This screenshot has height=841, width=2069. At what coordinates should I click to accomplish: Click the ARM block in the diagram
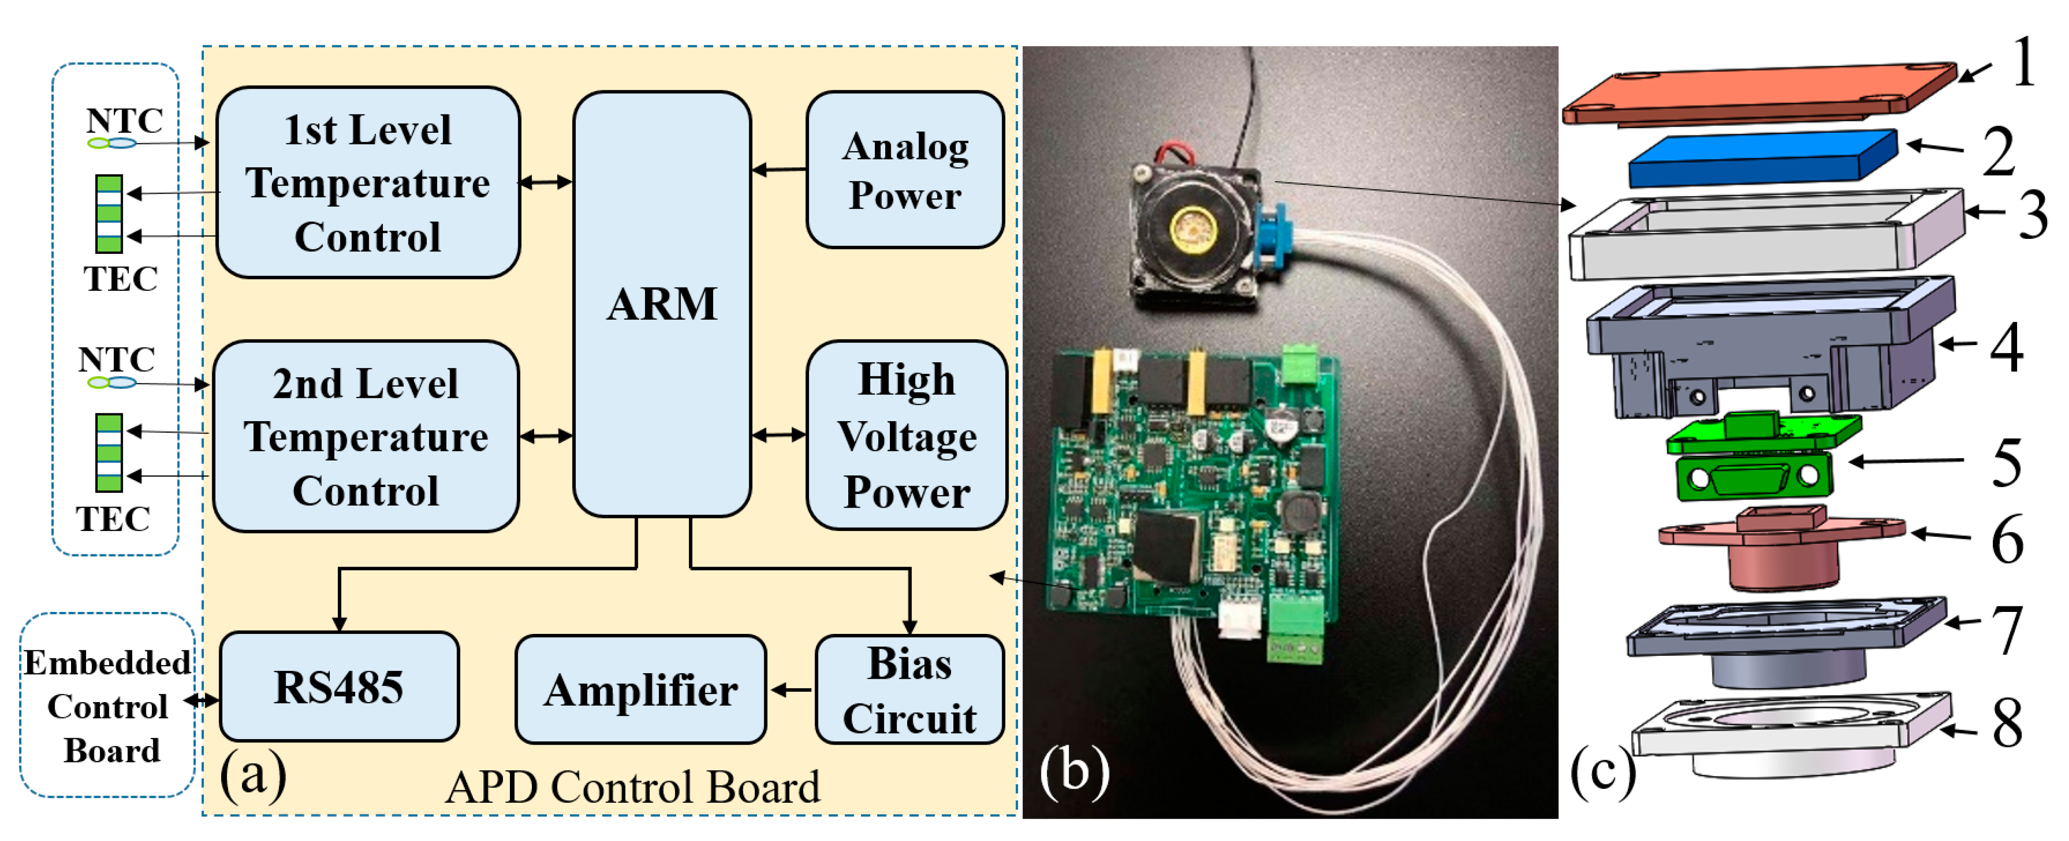[x=662, y=303]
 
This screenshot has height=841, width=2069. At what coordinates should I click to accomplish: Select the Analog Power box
[x=905, y=170]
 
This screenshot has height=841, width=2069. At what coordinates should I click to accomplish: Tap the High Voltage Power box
[x=907, y=435]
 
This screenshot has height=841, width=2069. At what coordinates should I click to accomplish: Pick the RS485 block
[x=339, y=687]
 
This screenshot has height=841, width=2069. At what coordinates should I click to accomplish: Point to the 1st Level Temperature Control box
[x=368, y=183]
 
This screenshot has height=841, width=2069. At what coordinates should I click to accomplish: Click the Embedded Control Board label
[x=107, y=706]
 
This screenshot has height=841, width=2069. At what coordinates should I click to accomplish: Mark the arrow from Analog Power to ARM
[x=779, y=170]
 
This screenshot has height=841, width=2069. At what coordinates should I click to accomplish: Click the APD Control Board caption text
[x=633, y=787]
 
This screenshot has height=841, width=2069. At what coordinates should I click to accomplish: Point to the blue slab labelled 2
[x=1763, y=158]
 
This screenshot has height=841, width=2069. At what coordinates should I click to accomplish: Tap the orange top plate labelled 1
[x=1759, y=93]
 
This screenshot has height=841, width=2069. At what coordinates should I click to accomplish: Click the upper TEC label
[x=121, y=279]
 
